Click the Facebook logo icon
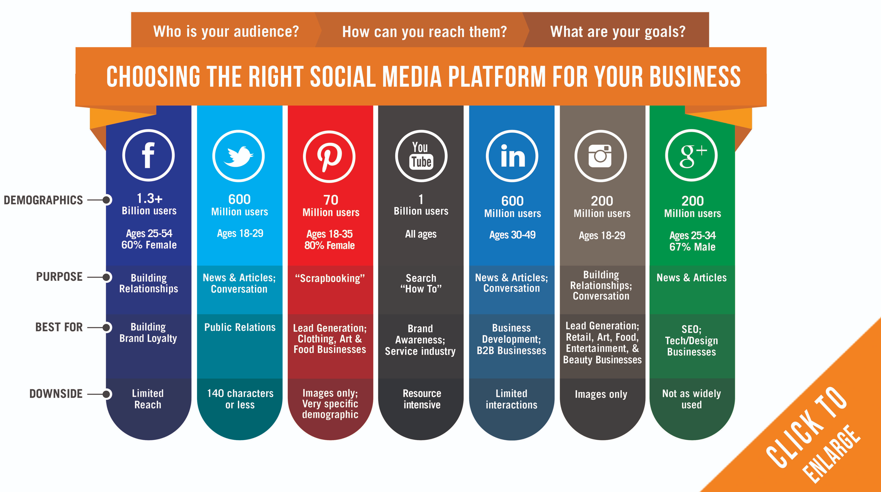coord(148,156)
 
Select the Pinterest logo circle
coord(329,157)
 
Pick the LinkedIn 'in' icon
coord(512,156)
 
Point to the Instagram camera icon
coord(600,156)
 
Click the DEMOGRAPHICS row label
coord(43,200)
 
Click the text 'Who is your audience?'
coord(226,31)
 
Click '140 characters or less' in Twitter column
coord(240,399)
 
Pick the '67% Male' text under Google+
coord(692,247)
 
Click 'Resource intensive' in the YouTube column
coord(422,399)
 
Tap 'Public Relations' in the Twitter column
coord(240,327)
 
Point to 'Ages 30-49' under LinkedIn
coord(512,235)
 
